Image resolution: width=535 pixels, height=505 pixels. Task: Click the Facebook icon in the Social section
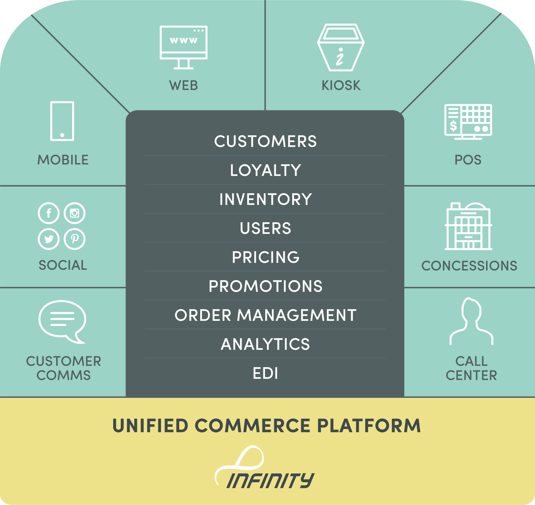(x=48, y=213)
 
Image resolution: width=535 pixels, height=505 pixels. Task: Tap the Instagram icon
(x=75, y=213)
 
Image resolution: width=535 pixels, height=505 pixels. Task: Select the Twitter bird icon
(x=48, y=239)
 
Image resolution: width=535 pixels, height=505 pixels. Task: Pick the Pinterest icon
(x=75, y=239)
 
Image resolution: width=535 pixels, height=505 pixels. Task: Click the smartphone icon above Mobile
(x=62, y=121)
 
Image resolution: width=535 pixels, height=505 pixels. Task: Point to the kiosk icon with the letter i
(x=341, y=48)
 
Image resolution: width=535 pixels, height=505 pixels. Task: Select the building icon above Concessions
(x=468, y=226)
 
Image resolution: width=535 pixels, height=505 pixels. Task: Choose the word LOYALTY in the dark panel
(x=266, y=170)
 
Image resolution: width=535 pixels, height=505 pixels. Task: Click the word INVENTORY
(x=266, y=199)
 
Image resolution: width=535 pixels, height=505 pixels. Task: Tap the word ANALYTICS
(x=266, y=344)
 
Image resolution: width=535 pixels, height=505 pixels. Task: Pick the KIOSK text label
(x=341, y=86)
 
